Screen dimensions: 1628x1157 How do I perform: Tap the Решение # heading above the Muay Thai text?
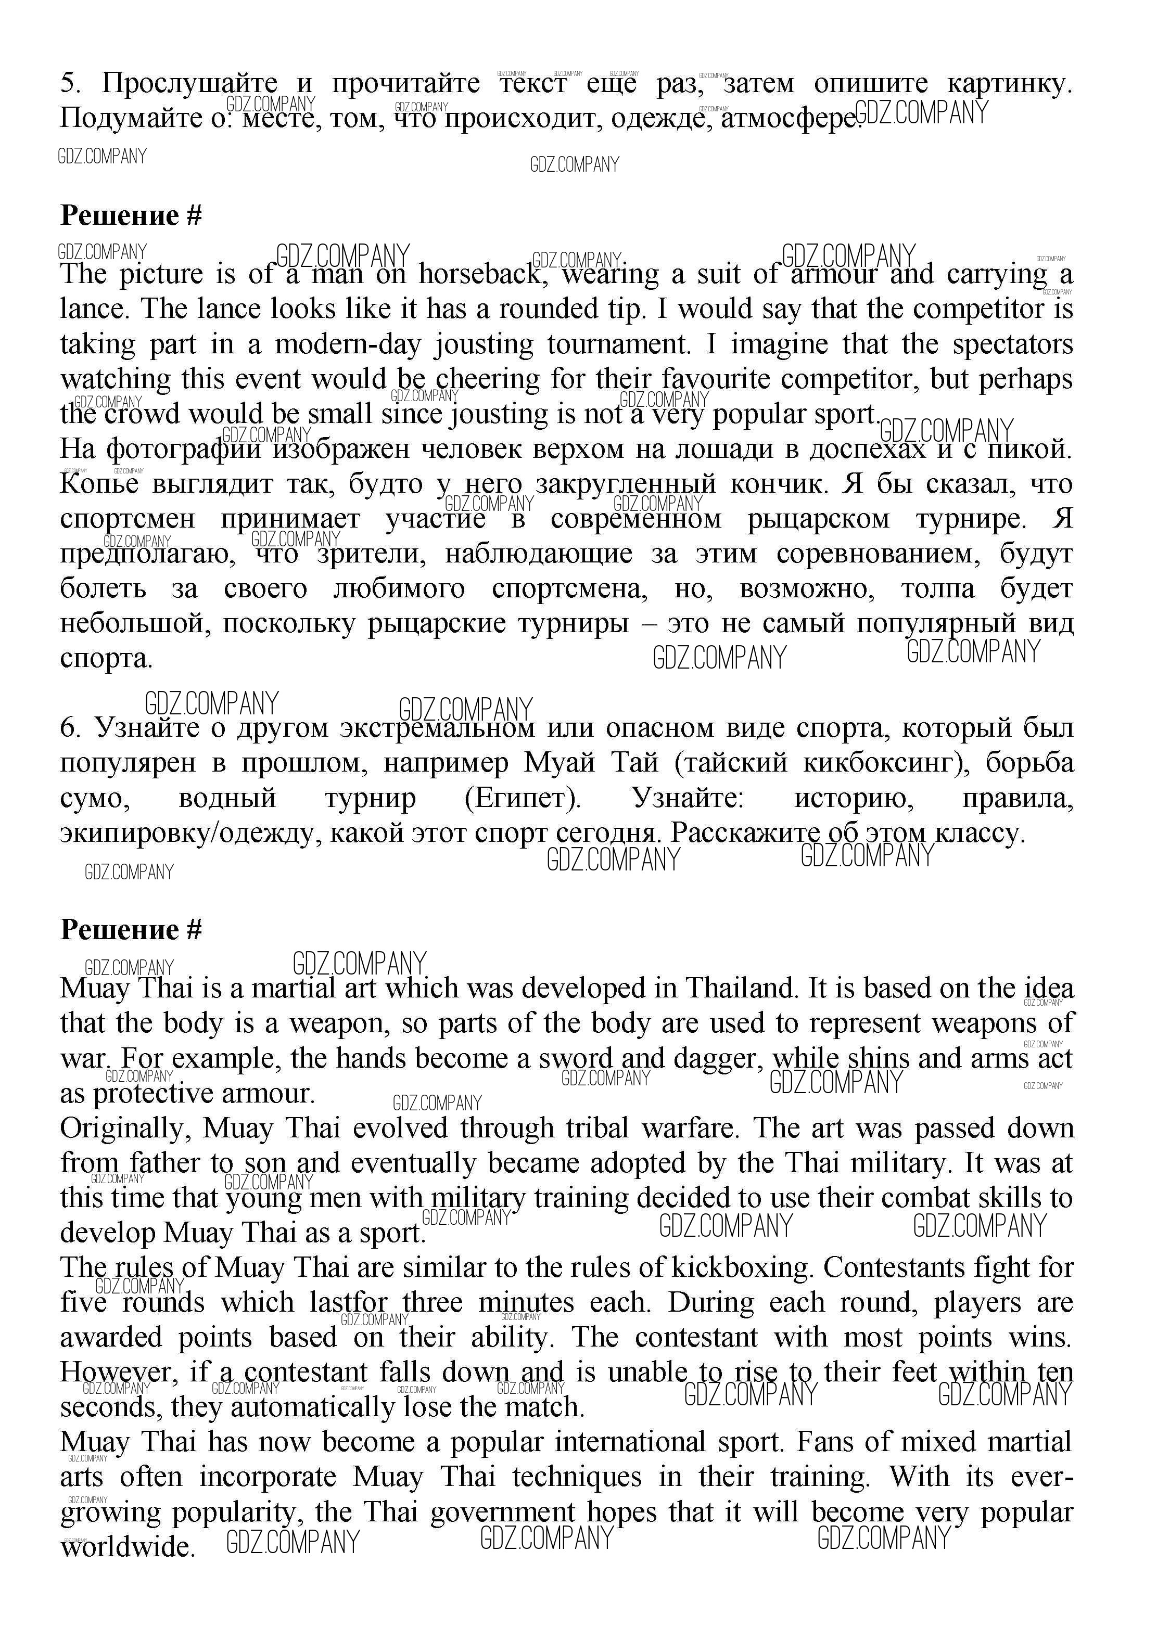pos(131,929)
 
